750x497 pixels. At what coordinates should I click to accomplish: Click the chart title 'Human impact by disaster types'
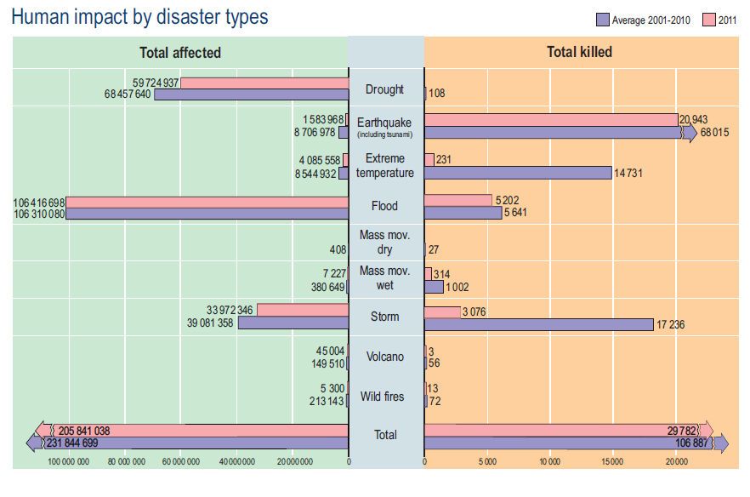click(139, 17)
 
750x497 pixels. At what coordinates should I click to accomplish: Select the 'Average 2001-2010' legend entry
click(651, 20)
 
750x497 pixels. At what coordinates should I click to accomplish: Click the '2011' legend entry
click(720, 20)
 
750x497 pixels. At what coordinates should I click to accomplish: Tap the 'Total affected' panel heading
click(179, 53)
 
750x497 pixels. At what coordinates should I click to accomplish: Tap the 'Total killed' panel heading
click(579, 53)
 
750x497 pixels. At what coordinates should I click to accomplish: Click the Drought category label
click(385, 89)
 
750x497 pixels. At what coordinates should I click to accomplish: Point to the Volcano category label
click(385, 357)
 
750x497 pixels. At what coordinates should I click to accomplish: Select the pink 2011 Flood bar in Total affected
click(207, 203)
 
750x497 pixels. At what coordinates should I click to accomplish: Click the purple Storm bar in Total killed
click(538, 324)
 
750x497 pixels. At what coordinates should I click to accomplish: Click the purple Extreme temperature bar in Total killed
click(517, 173)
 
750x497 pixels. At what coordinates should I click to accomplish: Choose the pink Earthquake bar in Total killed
click(550, 120)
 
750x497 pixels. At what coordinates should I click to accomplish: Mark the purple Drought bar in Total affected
click(251, 94)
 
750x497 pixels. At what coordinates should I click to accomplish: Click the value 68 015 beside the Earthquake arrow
click(715, 134)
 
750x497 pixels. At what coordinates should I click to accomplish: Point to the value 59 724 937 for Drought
click(156, 83)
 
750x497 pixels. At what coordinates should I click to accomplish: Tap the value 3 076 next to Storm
click(474, 312)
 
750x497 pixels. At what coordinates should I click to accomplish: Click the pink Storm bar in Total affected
click(302, 310)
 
